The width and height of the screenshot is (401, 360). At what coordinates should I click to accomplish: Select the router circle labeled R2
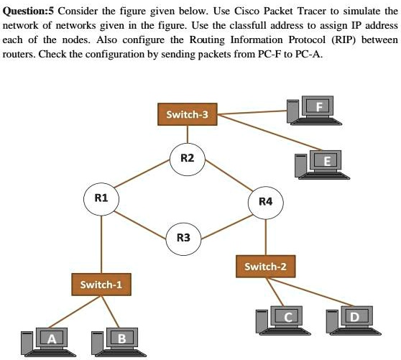[188, 158]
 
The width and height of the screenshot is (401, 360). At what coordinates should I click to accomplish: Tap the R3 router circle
[183, 237]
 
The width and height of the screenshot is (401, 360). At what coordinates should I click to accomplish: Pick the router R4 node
[266, 202]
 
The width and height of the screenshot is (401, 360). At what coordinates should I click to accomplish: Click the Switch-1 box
[101, 284]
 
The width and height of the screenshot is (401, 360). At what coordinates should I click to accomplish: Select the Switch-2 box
[265, 267]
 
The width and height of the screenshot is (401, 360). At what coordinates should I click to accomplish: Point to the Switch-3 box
[188, 114]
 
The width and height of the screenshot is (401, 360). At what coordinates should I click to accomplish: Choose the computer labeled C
[280, 318]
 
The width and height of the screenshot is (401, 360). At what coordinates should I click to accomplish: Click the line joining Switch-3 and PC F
[252, 112]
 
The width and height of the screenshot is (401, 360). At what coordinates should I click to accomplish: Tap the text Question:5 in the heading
[29, 12]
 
